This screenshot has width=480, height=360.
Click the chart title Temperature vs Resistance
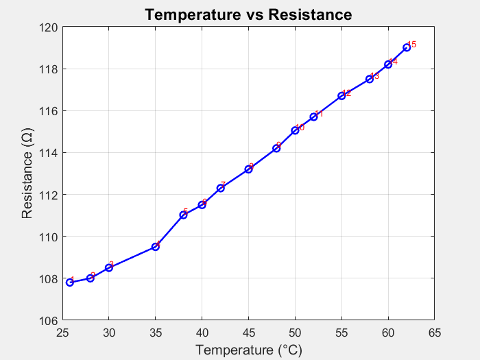(248, 14)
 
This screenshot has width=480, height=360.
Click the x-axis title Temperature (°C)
(248, 350)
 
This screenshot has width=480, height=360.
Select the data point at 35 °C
(156, 246)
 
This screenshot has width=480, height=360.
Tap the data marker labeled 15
(407, 47)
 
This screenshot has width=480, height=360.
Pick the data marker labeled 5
(184, 215)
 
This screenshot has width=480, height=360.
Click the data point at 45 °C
(248, 169)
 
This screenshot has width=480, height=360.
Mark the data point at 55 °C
(341, 95)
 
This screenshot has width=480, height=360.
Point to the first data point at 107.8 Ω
(70, 282)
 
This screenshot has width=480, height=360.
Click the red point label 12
(347, 93)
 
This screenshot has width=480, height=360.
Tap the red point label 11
(319, 114)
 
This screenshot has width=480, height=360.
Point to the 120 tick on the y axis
(52, 27)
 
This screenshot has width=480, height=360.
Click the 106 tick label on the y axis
(52, 320)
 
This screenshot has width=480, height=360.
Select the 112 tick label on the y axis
(52, 195)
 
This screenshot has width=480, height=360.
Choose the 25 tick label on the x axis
(62, 334)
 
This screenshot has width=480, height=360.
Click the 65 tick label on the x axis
(434, 334)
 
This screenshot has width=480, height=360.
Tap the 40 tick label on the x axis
(202, 334)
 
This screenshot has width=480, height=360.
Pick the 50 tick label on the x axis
(295, 334)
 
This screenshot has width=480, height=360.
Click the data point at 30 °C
(109, 267)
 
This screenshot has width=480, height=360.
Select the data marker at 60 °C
(388, 64)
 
